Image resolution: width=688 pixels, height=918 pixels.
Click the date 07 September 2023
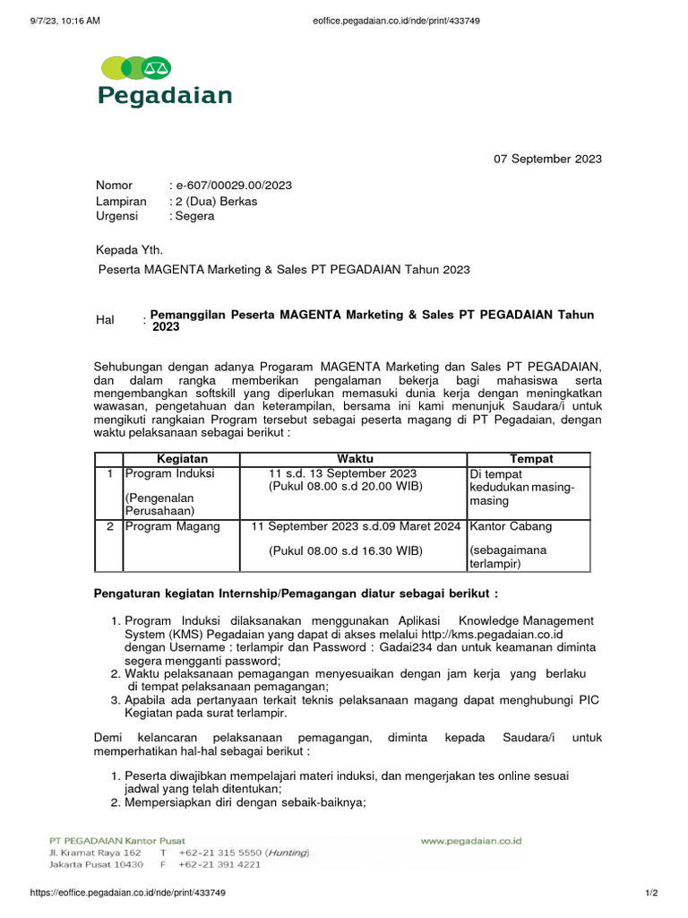(x=548, y=160)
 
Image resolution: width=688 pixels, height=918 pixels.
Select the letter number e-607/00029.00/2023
(x=232, y=186)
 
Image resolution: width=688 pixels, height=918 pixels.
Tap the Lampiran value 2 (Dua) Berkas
(x=216, y=201)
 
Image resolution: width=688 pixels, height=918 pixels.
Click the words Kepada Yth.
(x=130, y=249)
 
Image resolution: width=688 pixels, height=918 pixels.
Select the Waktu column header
(x=353, y=459)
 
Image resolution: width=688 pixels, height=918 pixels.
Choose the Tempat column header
(x=529, y=459)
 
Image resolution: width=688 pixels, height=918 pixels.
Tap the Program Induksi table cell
(x=169, y=473)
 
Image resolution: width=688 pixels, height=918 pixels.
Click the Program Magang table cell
(x=172, y=526)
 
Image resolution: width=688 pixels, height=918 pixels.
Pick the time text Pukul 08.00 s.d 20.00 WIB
(x=346, y=487)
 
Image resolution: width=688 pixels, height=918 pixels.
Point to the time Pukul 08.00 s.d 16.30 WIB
(x=346, y=550)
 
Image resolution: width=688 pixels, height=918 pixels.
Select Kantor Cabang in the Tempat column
(x=512, y=526)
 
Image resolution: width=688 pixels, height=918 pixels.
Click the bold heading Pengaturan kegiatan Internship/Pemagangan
(x=296, y=593)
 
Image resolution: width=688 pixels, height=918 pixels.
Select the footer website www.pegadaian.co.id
(x=471, y=842)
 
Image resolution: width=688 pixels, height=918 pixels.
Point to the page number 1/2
(x=651, y=893)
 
